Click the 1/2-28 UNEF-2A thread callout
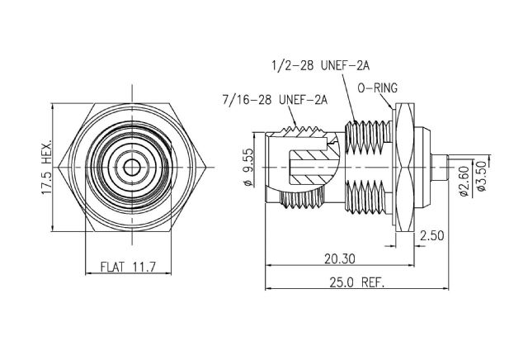321,65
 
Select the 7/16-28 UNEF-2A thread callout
275,100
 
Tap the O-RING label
378,88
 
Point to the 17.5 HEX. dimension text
47,167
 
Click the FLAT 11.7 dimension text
129,267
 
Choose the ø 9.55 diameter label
248,167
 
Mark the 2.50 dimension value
432,235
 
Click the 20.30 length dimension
339,259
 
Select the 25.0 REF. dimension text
357,282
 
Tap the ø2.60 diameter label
464,181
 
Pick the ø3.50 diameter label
482,176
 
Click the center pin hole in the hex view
132,167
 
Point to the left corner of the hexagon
59,167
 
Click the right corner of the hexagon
205,167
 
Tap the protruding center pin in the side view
440,167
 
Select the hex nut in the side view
405,167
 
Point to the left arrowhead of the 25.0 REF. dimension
269,288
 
